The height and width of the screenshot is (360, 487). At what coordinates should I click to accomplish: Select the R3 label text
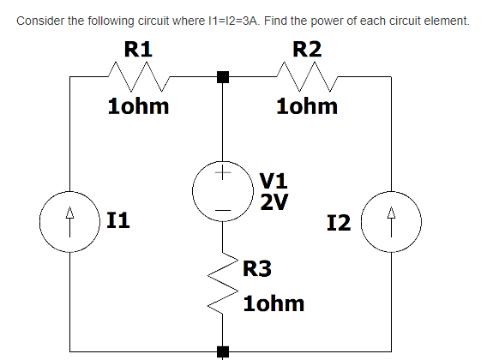point(257,269)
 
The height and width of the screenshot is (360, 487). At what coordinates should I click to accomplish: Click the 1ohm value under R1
point(138,107)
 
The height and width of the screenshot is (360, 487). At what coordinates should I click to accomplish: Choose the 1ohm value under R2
point(307,107)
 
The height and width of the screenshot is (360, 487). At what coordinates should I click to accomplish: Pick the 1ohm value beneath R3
point(274,304)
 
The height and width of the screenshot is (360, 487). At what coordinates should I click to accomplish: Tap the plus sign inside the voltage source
point(222,174)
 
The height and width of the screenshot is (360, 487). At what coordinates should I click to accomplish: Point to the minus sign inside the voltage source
point(222,207)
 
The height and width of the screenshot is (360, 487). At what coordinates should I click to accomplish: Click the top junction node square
point(223,77)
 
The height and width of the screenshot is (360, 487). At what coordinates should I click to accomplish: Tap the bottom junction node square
point(223,350)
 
